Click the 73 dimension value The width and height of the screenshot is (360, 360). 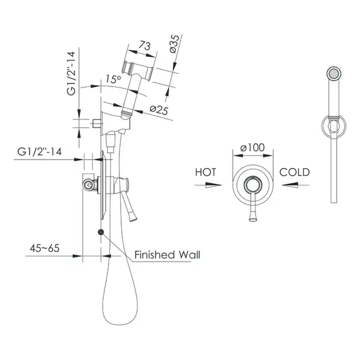click(x=145, y=46)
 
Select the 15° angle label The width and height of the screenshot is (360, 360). click(x=113, y=79)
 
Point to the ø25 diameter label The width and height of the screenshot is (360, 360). click(x=159, y=110)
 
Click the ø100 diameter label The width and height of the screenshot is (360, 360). click(x=253, y=148)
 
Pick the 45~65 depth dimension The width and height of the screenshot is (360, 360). click(x=44, y=248)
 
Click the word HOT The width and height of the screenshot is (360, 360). click(x=205, y=172)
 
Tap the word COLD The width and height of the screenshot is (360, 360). click(x=295, y=172)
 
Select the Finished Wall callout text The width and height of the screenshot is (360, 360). click(x=167, y=255)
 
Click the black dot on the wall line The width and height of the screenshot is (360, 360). click(x=101, y=232)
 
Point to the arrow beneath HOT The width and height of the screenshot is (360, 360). click(x=208, y=185)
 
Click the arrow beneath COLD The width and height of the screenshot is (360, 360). click(x=295, y=185)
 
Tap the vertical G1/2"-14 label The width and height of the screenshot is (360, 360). click(x=71, y=73)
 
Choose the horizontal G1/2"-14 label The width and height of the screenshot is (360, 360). click(x=40, y=152)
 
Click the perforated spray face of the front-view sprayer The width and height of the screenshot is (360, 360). click(x=334, y=74)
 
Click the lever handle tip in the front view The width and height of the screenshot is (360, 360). click(x=253, y=218)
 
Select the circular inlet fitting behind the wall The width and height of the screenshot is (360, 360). click(x=88, y=185)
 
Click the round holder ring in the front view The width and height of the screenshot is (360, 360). click(x=322, y=126)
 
